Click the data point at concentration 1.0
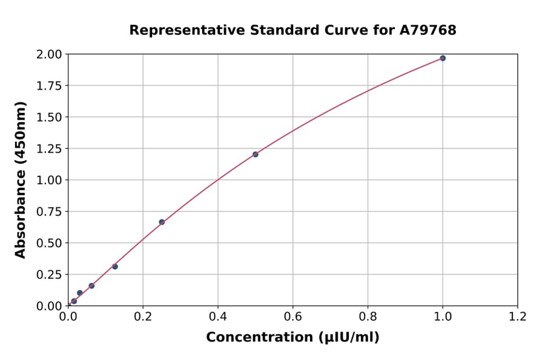(x=443, y=58)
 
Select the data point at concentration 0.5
(x=256, y=155)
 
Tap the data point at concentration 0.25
(x=162, y=222)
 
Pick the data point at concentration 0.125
(x=115, y=267)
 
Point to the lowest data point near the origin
(x=74, y=301)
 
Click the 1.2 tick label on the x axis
(x=517, y=317)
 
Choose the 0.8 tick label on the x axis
(x=368, y=317)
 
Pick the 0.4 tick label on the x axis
(x=218, y=317)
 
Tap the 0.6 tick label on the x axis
(x=292, y=317)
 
